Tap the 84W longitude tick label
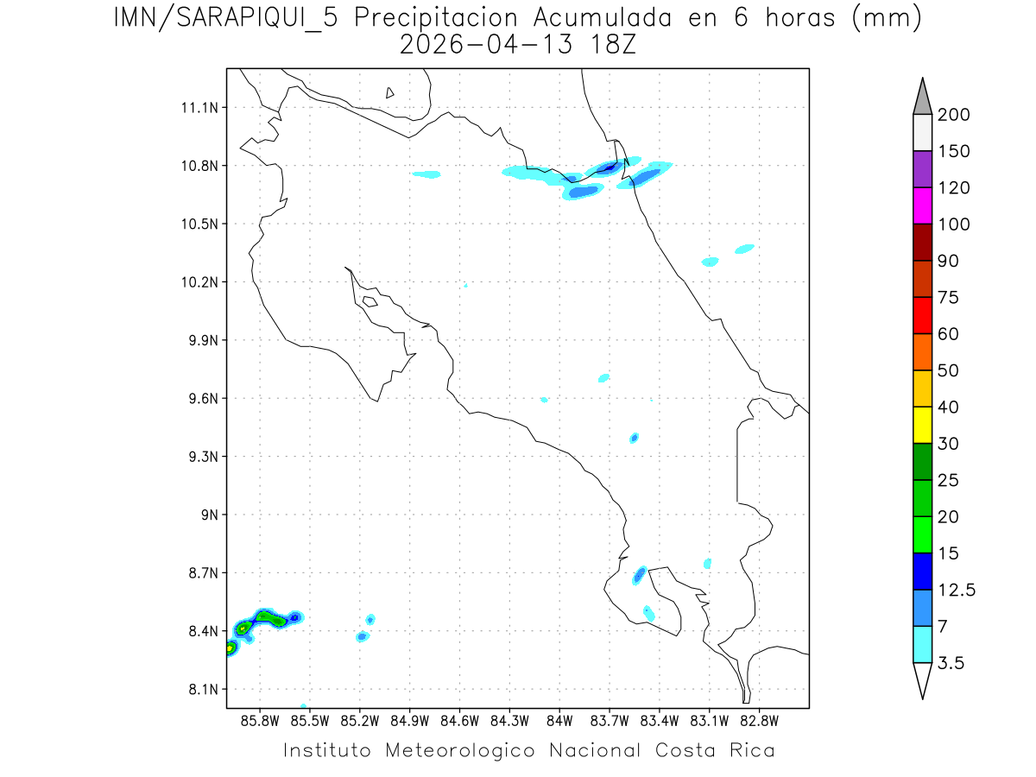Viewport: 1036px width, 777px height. click(559, 719)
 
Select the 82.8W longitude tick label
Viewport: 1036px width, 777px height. click(759, 719)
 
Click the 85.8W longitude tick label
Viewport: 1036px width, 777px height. click(261, 719)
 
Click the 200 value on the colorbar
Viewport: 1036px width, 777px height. click(954, 115)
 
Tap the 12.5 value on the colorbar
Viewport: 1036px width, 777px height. click(957, 590)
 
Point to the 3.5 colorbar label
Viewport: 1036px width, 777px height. click(952, 663)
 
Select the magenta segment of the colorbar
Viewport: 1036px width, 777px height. click(922, 206)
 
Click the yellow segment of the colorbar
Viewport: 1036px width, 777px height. click(922, 425)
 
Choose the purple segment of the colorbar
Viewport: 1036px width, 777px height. click(922, 169)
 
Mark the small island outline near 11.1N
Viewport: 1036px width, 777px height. click(390, 92)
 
